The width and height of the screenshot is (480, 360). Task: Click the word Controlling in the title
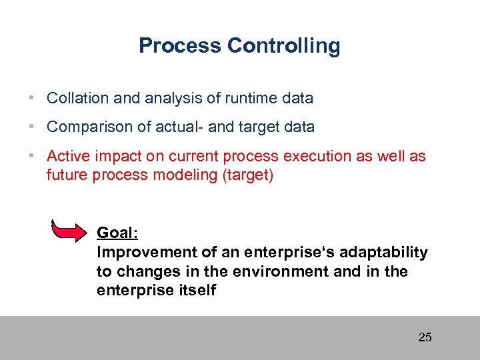(x=283, y=46)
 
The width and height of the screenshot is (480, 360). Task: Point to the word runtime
(x=249, y=99)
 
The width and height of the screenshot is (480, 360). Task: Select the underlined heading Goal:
(x=117, y=233)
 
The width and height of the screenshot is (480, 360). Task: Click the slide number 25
(x=425, y=337)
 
